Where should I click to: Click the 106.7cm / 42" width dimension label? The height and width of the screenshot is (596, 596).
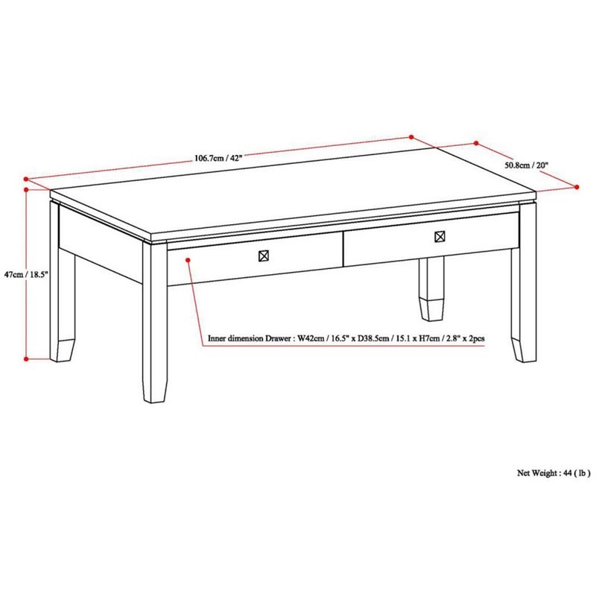219,158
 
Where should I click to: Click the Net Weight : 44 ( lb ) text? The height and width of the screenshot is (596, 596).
554,472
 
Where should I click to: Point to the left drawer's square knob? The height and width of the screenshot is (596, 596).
263,256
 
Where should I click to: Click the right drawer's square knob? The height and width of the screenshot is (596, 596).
440,237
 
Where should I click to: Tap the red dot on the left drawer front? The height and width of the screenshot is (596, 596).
188,259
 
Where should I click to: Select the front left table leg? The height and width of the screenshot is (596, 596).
155,320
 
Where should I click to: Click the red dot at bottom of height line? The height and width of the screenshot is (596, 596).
27,359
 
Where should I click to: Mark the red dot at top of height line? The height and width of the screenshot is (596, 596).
27,188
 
